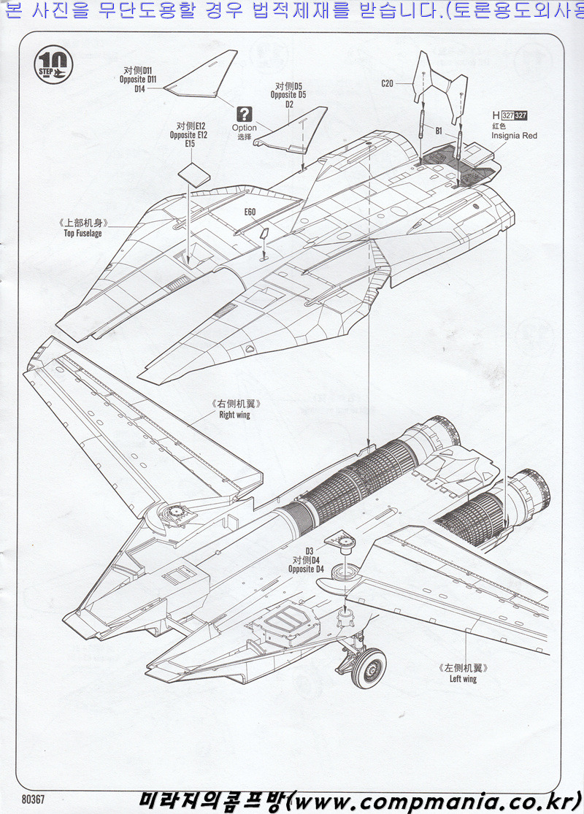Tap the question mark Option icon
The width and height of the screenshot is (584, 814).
[245, 113]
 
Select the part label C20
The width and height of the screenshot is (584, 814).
[387, 83]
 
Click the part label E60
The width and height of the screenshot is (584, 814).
[250, 212]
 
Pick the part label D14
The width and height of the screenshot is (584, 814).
[140, 89]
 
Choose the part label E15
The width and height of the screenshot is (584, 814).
[189, 145]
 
